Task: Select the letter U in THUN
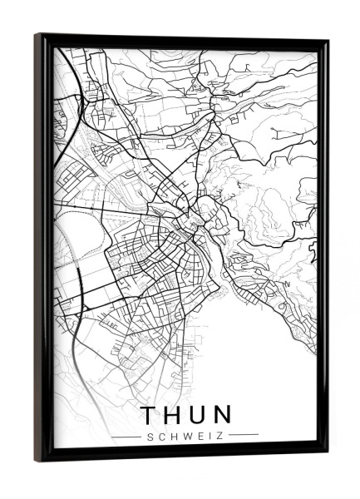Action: click(200, 414)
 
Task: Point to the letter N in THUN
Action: click(224, 414)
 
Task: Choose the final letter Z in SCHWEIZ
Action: click(222, 434)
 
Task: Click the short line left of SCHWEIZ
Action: click(127, 434)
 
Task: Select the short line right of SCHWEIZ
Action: click(244, 434)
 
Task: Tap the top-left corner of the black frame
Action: click(37, 35)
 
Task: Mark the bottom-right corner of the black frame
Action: click(327, 454)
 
